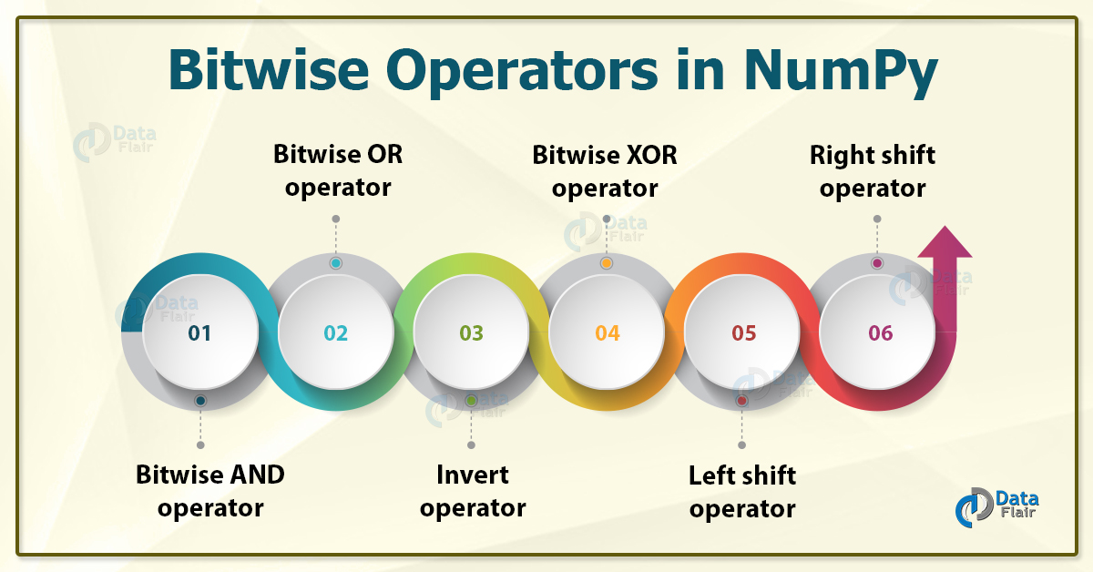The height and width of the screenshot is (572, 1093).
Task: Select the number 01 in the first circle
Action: point(199,333)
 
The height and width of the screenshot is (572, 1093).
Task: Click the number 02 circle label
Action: point(336,333)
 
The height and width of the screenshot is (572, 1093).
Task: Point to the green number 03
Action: point(472,333)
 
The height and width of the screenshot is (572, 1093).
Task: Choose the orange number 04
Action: point(608,333)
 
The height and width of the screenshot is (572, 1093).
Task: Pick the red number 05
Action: point(744,333)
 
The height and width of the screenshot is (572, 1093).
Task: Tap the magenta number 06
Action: point(881,333)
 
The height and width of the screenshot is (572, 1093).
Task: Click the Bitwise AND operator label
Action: point(210,491)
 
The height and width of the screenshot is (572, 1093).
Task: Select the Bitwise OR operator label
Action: point(338,171)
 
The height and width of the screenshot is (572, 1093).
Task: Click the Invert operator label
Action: point(473,491)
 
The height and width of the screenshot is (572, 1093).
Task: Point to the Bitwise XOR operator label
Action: point(605,171)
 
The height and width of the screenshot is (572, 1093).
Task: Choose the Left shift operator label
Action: point(742,491)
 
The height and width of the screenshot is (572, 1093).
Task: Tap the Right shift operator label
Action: point(873,171)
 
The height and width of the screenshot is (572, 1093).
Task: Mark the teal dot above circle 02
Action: point(336,263)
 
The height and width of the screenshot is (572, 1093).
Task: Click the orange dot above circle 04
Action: point(607,263)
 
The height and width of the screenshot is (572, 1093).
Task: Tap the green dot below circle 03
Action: point(471,401)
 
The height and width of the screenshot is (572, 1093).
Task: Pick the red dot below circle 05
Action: point(742,401)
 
